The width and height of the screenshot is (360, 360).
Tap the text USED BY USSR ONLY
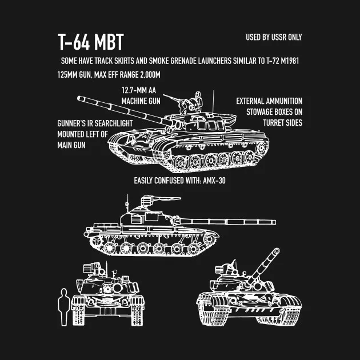click(274, 38)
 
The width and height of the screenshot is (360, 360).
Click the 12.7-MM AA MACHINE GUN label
click(141, 95)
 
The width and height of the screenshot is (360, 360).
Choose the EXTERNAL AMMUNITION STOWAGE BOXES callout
click(269, 112)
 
